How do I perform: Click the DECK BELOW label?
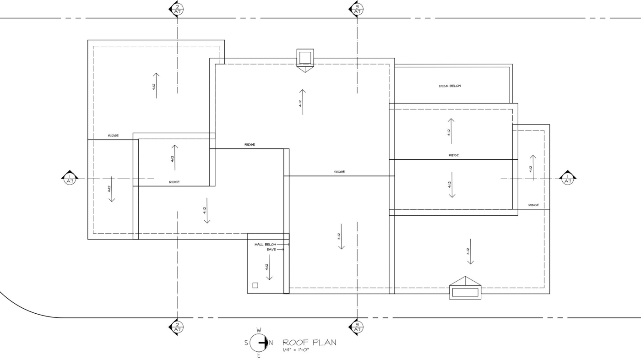(450, 86)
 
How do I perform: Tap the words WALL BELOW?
(265, 245)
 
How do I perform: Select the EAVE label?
(271, 250)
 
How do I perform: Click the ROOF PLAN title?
(310, 343)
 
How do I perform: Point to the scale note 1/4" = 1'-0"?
(296, 350)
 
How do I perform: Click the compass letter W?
(259, 330)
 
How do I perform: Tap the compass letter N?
(271, 343)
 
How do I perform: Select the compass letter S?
(246, 343)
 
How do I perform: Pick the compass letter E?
(259, 355)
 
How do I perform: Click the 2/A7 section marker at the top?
(176, 9)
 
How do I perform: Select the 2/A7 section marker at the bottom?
(176, 327)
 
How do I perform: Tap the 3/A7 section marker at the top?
(356, 9)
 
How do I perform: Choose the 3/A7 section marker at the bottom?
(356, 327)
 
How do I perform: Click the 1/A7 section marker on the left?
(70, 178)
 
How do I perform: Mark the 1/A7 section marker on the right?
(568, 178)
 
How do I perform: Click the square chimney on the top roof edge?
(305, 57)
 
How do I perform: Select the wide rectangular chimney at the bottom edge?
(465, 292)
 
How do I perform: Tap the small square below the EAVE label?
(255, 285)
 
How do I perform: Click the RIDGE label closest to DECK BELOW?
(454, 155)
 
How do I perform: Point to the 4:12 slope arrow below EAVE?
(269, 267)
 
